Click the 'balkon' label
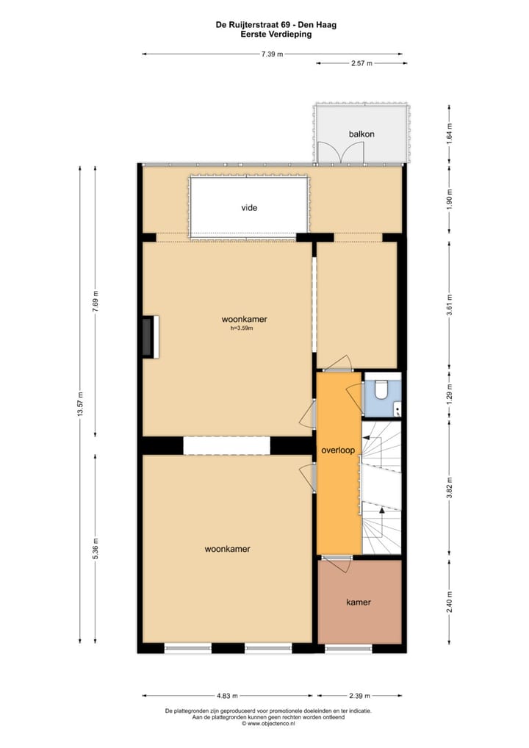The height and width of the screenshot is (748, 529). click(x=361, y=134)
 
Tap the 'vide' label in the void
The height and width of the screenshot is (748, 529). click(x=250, y=208)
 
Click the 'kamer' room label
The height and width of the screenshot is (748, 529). click(x=359, y=602)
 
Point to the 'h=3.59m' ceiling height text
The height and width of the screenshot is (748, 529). click(x=243, y=328)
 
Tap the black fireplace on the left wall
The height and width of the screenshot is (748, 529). click(x=151, y=337)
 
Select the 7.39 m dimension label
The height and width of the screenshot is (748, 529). click(x=272, y=54)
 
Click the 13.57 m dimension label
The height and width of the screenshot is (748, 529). click(x=79, y=403)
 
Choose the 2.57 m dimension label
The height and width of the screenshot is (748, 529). click(x=360, y=64)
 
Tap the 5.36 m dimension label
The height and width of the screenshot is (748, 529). click(x=95, y=548)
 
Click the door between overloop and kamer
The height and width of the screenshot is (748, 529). click(x=338, y=564)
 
